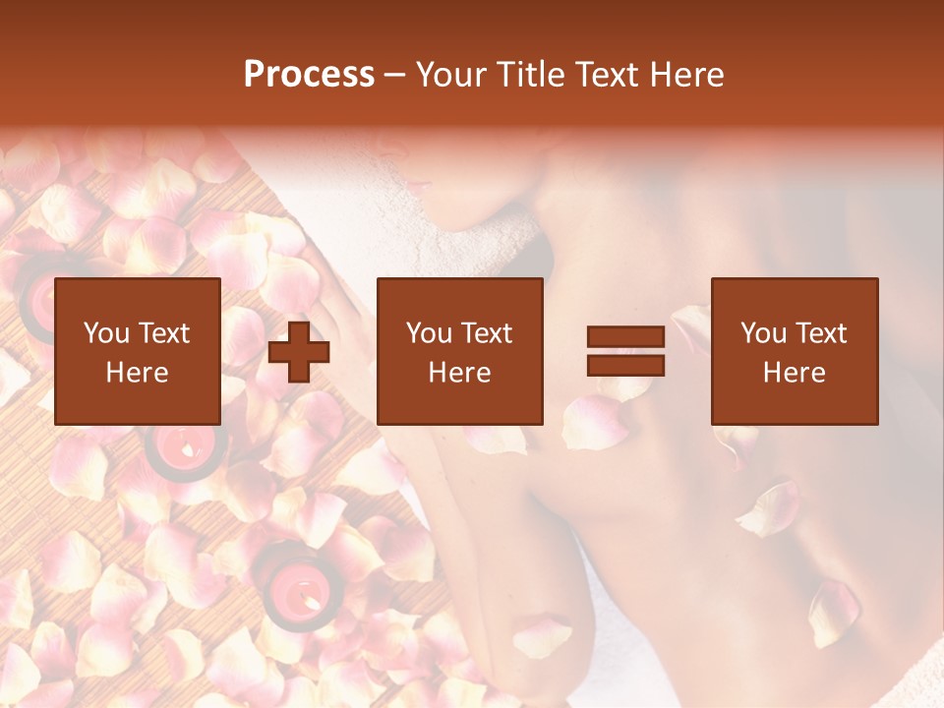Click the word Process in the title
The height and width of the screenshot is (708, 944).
click(309, 75)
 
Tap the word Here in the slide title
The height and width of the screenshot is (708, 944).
click(684, 75)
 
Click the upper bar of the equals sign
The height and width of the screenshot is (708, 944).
click(625, 337)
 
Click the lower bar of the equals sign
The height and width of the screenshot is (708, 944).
click(625, 366)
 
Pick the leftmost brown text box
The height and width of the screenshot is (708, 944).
click(137, 351)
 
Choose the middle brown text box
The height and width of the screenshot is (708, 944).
click(459, 351)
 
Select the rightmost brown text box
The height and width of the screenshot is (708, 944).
click(794, 351)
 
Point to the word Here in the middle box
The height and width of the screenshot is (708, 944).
click(459, 373)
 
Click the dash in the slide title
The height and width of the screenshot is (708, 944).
click(394, 75)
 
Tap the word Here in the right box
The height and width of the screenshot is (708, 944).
click(794, 373)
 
